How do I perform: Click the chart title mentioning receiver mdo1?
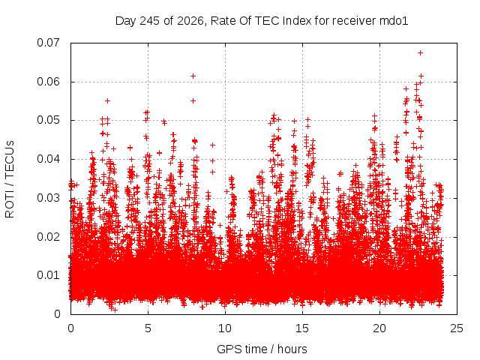tap(262, 21)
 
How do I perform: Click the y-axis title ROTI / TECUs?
tap(10, 179)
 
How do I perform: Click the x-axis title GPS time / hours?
tap(262, 349)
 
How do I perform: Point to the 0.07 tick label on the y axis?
tap(48, 43)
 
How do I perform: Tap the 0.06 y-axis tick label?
tap(48, 82)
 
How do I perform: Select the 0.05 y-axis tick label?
tap(48, 120)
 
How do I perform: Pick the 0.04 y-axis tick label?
tap(48, 159)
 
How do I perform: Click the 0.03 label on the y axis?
tap(48, 198)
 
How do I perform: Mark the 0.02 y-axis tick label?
tap(48, 237)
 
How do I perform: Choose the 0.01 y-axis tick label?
tap(48, 275)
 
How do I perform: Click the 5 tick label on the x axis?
tap(148, 328)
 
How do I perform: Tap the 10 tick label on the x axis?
tap(225, 328)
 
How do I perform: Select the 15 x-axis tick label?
tap(302, 328)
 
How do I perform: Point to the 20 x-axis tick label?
tap(379, 328)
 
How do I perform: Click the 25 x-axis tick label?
tap(457, 328)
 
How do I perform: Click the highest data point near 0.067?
tap(420, 53)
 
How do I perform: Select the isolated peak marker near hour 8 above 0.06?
tap(193, 76)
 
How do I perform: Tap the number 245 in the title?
tap(150, 21)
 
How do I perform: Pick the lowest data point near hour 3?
tap(115, 310)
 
